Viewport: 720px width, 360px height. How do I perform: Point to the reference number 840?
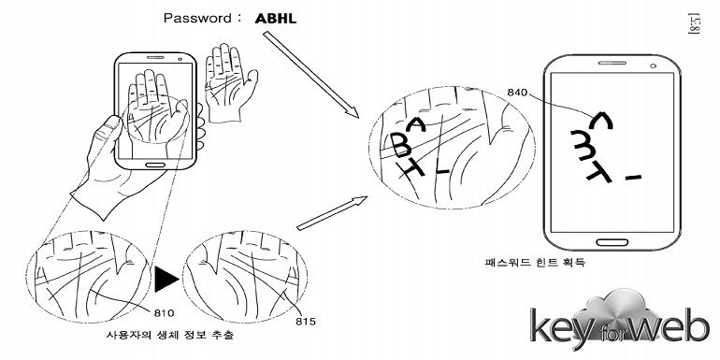517,93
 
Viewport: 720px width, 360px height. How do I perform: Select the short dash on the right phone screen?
634,176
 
